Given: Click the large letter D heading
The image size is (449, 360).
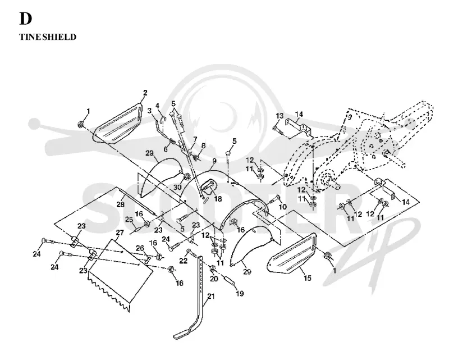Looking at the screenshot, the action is [x=25, y=19].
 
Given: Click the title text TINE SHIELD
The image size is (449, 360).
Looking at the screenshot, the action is [x=48, y=37].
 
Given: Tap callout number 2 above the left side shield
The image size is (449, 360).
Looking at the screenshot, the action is [x=145, y=93].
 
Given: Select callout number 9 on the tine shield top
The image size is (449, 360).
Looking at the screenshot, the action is [x=214, y=161].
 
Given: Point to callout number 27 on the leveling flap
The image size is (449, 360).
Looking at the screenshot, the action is [x=120, y=233].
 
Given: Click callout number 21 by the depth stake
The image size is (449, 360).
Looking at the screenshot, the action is [x=211, y=296].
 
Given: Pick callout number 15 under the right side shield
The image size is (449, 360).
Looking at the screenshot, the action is [x=307, y=278].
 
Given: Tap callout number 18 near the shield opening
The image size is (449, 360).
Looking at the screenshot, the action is [x=218, y=198].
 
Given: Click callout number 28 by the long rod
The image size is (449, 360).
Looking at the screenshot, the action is [x=120, y=204].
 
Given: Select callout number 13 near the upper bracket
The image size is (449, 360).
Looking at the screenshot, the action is [x=280, y=116].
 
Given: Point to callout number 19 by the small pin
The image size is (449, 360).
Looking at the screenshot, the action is [x=240, y=293].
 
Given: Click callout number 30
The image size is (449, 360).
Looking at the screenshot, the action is [x=177, y=187].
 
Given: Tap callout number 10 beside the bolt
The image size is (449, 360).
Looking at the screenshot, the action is [x=283, y=207].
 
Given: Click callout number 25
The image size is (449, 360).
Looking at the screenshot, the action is [x=129, y=220].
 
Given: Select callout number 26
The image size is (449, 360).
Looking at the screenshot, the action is [x=140, y=248].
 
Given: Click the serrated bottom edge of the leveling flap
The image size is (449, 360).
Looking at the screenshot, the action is [x=110, y=294].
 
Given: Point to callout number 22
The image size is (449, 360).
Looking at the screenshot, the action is [x=184, y=261].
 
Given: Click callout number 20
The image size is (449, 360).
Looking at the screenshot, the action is [x=214, y=279].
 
